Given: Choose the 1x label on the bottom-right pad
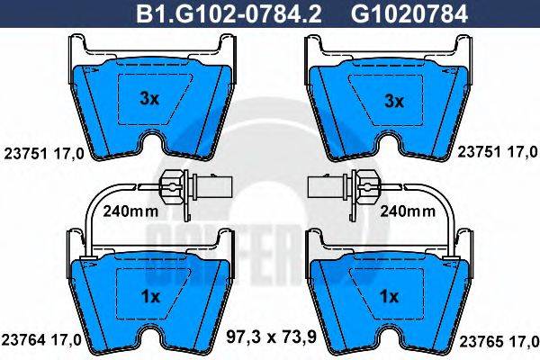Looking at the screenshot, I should [390, 295].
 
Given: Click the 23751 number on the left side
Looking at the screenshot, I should [23, 154].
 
